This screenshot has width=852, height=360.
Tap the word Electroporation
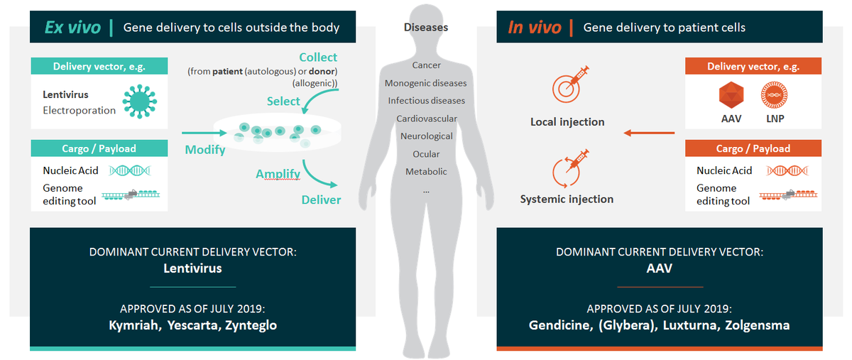tap(79, 110)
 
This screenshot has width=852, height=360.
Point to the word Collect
tap(318, 57)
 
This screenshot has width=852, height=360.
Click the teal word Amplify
tap(278, 174)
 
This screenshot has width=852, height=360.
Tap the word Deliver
tap(321, 200)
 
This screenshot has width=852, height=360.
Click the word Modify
tap(205, 149)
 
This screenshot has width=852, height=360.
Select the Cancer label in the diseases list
tap(426, 65)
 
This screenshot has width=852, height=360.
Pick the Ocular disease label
tap(426, 154)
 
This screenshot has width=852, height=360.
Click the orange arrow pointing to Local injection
tap(648, 133)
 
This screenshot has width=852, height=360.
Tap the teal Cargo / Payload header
tap(99, 148)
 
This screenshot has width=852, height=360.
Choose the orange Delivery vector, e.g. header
tap(753, 67)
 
